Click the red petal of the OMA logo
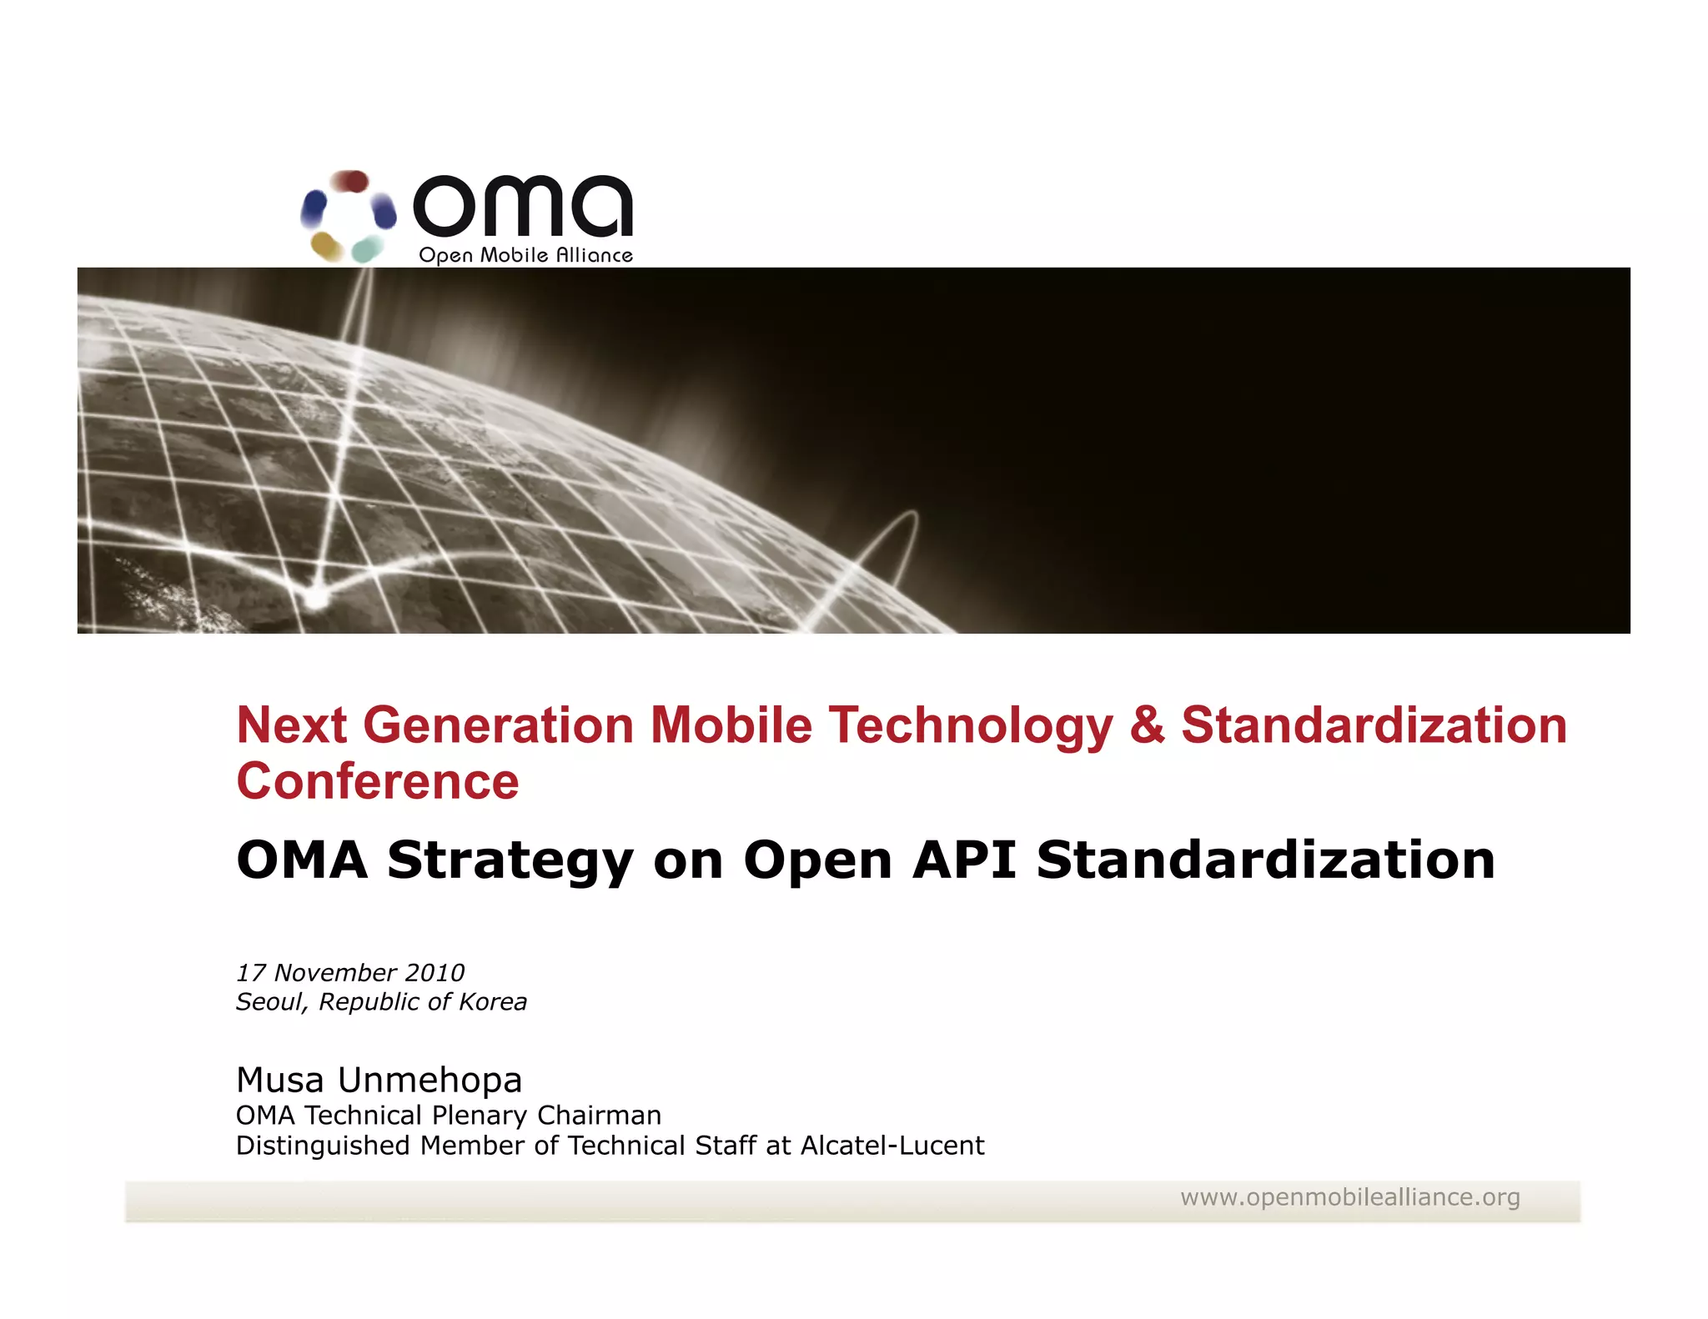(351, 180)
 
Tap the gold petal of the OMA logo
(326, 246)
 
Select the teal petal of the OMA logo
(367, 248)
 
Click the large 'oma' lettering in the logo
(523, 206)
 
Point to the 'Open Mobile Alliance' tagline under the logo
(525, 255)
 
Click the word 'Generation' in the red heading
(498, 725)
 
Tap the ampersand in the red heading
(1147, 725)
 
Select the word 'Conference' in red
(378, 781)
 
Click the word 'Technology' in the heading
(970, 726)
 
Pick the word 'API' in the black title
(964, 860)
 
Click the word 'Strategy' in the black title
(510, 861)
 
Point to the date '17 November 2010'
(350, 972)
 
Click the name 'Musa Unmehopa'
(379, 1080)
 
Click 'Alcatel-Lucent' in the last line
(892, 1146)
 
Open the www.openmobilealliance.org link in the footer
(1349, 1197)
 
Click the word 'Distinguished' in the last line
(324, 1146)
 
